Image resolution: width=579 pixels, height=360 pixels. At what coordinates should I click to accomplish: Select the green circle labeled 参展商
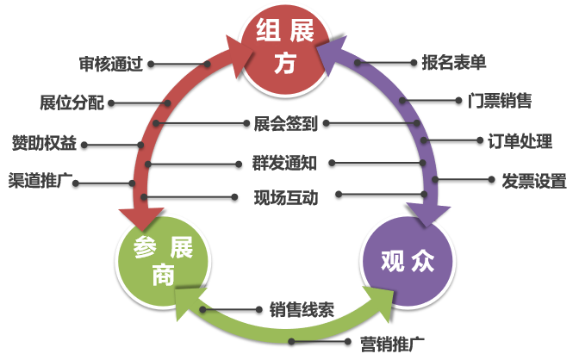[163, 261]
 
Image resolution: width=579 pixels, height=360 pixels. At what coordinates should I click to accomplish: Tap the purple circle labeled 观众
[408, 261]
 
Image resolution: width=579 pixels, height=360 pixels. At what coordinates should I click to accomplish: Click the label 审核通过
[111, 64]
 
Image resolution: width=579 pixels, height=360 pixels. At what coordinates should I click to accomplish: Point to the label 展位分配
[72, 102]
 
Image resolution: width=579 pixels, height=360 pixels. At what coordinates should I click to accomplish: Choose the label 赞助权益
[44, 143]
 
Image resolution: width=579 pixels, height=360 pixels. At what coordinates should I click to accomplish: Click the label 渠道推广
[40, 181]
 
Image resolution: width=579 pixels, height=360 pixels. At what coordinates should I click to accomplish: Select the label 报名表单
[454, 62]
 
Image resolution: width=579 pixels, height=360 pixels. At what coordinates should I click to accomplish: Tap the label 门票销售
[500, 101]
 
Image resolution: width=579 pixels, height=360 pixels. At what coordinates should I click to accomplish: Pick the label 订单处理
[520, 141]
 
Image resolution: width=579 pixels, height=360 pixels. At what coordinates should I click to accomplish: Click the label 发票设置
[534, 181]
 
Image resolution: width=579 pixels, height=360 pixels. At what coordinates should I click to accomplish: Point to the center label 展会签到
[285, 124]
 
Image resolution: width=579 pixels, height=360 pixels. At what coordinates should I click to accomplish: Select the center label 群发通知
[284, 163]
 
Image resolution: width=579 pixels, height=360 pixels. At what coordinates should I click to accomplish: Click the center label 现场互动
[286, 197]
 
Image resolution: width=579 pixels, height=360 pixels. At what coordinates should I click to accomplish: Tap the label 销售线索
[302, 309]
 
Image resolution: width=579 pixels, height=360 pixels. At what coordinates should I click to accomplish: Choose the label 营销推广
[392, 344]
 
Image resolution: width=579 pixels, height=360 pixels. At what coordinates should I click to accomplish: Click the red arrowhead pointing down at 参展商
[141, 218]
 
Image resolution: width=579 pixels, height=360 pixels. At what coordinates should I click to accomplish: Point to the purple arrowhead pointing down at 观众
[428, 214]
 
